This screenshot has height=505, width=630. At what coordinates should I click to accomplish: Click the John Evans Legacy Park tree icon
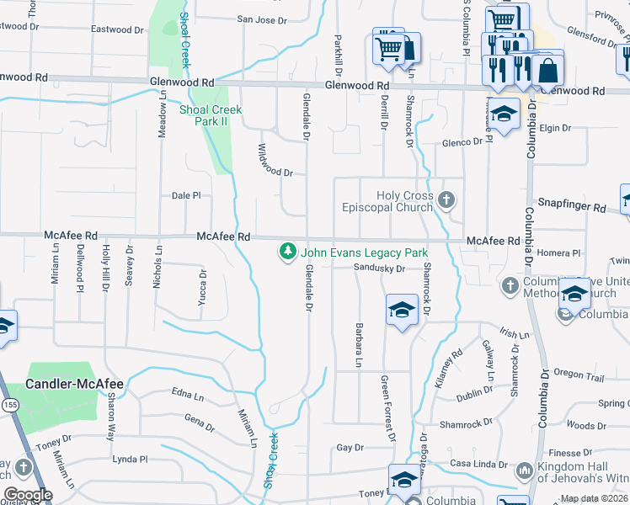point(288,252)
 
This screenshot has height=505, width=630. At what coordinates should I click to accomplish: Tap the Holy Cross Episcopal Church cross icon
point(446,200)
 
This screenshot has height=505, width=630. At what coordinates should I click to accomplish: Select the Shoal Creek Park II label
point(211,115)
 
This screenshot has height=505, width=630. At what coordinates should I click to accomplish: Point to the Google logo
point(28,495)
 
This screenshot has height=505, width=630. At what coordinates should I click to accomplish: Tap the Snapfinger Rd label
point(572,207)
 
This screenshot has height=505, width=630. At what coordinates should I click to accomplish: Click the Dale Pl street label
point(186,195)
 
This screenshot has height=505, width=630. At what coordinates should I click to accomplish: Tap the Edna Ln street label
point(188,394)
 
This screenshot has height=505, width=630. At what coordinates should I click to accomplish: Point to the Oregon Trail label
point(579,374)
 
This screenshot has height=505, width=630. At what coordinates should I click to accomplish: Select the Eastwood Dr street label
point(112,29)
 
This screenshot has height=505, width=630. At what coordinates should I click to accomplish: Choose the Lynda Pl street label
point(130,460)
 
